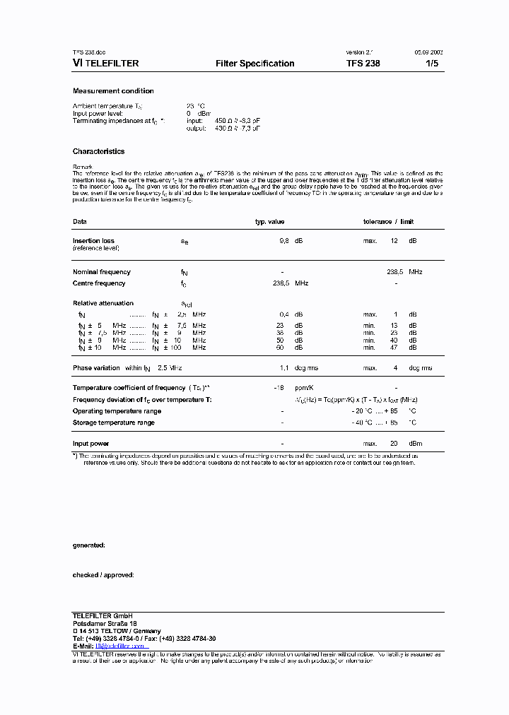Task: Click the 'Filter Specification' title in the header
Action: click(255, 64)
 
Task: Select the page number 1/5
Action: click(431, 64)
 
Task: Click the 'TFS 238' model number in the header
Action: click(363, 64)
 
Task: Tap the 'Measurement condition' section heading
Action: click(113, 91)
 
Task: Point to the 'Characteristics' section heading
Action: click(98, 151)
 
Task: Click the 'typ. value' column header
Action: click(269, 222)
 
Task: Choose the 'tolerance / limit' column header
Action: click(388, 222)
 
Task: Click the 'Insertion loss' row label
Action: click(93, 241)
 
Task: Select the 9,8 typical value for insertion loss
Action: click(285, 241)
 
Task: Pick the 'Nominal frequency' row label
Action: click(102, 272)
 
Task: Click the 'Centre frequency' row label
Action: click(99, 283)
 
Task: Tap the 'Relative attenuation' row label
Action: click(103, 303)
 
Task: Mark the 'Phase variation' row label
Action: click(97, 368)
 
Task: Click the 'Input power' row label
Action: click(91, 444)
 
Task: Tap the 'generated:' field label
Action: click(89, 545)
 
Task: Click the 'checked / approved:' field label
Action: click(103, 575)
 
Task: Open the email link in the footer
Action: click(120, 646)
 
